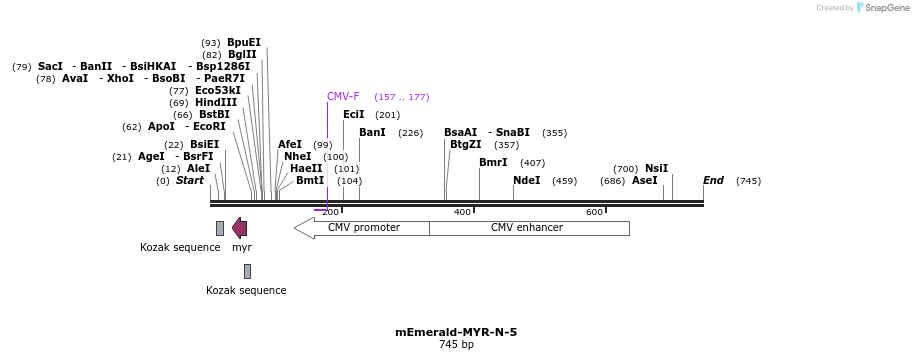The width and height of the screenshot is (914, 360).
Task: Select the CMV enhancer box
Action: coord(528,228)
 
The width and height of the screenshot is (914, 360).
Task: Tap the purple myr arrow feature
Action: coord(240,228)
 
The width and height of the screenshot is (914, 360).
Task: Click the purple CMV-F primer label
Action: coord(343,97)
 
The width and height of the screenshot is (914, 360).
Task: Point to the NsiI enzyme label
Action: coord(656,169)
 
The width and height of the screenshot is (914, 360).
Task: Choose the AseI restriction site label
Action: coord(644,181)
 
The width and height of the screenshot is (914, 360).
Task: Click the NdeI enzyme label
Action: coord(526,181)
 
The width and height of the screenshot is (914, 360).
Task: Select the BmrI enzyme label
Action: coord(493,162)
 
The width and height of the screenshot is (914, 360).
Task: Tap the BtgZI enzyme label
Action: coord(465,145)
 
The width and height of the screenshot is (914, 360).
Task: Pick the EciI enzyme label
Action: coord(354,115)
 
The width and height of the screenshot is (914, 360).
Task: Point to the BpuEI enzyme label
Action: coord(244,43)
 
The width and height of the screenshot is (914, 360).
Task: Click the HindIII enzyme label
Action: coord(216,103)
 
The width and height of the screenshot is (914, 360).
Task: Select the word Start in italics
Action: coord(189,181)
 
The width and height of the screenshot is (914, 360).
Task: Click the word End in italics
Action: coord(713,181)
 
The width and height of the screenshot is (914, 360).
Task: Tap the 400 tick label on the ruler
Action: coord(462,212)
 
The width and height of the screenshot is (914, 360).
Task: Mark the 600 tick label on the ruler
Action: coord(594,212)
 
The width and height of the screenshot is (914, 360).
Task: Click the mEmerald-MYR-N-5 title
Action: coord(456,332)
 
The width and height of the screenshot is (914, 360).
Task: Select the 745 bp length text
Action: coord(456,345)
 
